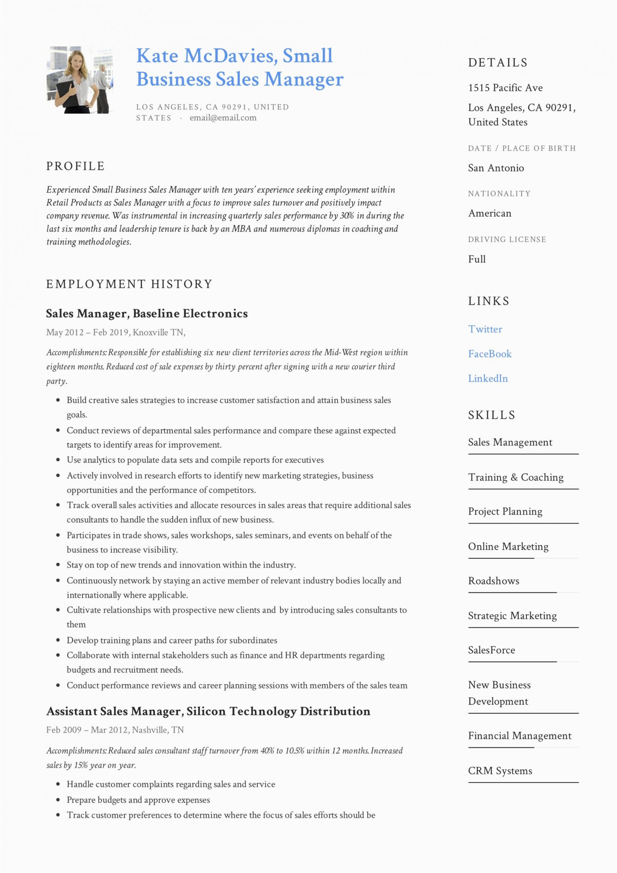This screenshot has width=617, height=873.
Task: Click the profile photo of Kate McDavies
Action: point(79,80)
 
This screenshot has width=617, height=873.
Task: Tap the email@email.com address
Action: point(223,118)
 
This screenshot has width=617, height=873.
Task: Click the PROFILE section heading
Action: point(75,166)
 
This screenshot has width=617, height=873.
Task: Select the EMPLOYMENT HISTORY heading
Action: point(129,284)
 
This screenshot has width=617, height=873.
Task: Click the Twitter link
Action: point(485,329)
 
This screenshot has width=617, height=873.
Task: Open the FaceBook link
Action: point(489,354)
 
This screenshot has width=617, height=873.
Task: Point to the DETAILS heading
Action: point(498,63)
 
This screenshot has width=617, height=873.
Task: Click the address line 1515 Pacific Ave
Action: point(505,88)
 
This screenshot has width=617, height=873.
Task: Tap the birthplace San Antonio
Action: point(496,168)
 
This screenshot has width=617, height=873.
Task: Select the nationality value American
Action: point(489,213)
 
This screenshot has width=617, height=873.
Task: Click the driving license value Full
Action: point(476,259)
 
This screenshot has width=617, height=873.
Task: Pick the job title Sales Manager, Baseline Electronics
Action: point(147,314)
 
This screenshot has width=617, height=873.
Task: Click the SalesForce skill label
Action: point(491,650)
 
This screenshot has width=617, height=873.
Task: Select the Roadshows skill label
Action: point(494,581)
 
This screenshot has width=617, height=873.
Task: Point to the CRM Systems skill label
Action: point(500,771)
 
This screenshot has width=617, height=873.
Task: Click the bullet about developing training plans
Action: point(172,640)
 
